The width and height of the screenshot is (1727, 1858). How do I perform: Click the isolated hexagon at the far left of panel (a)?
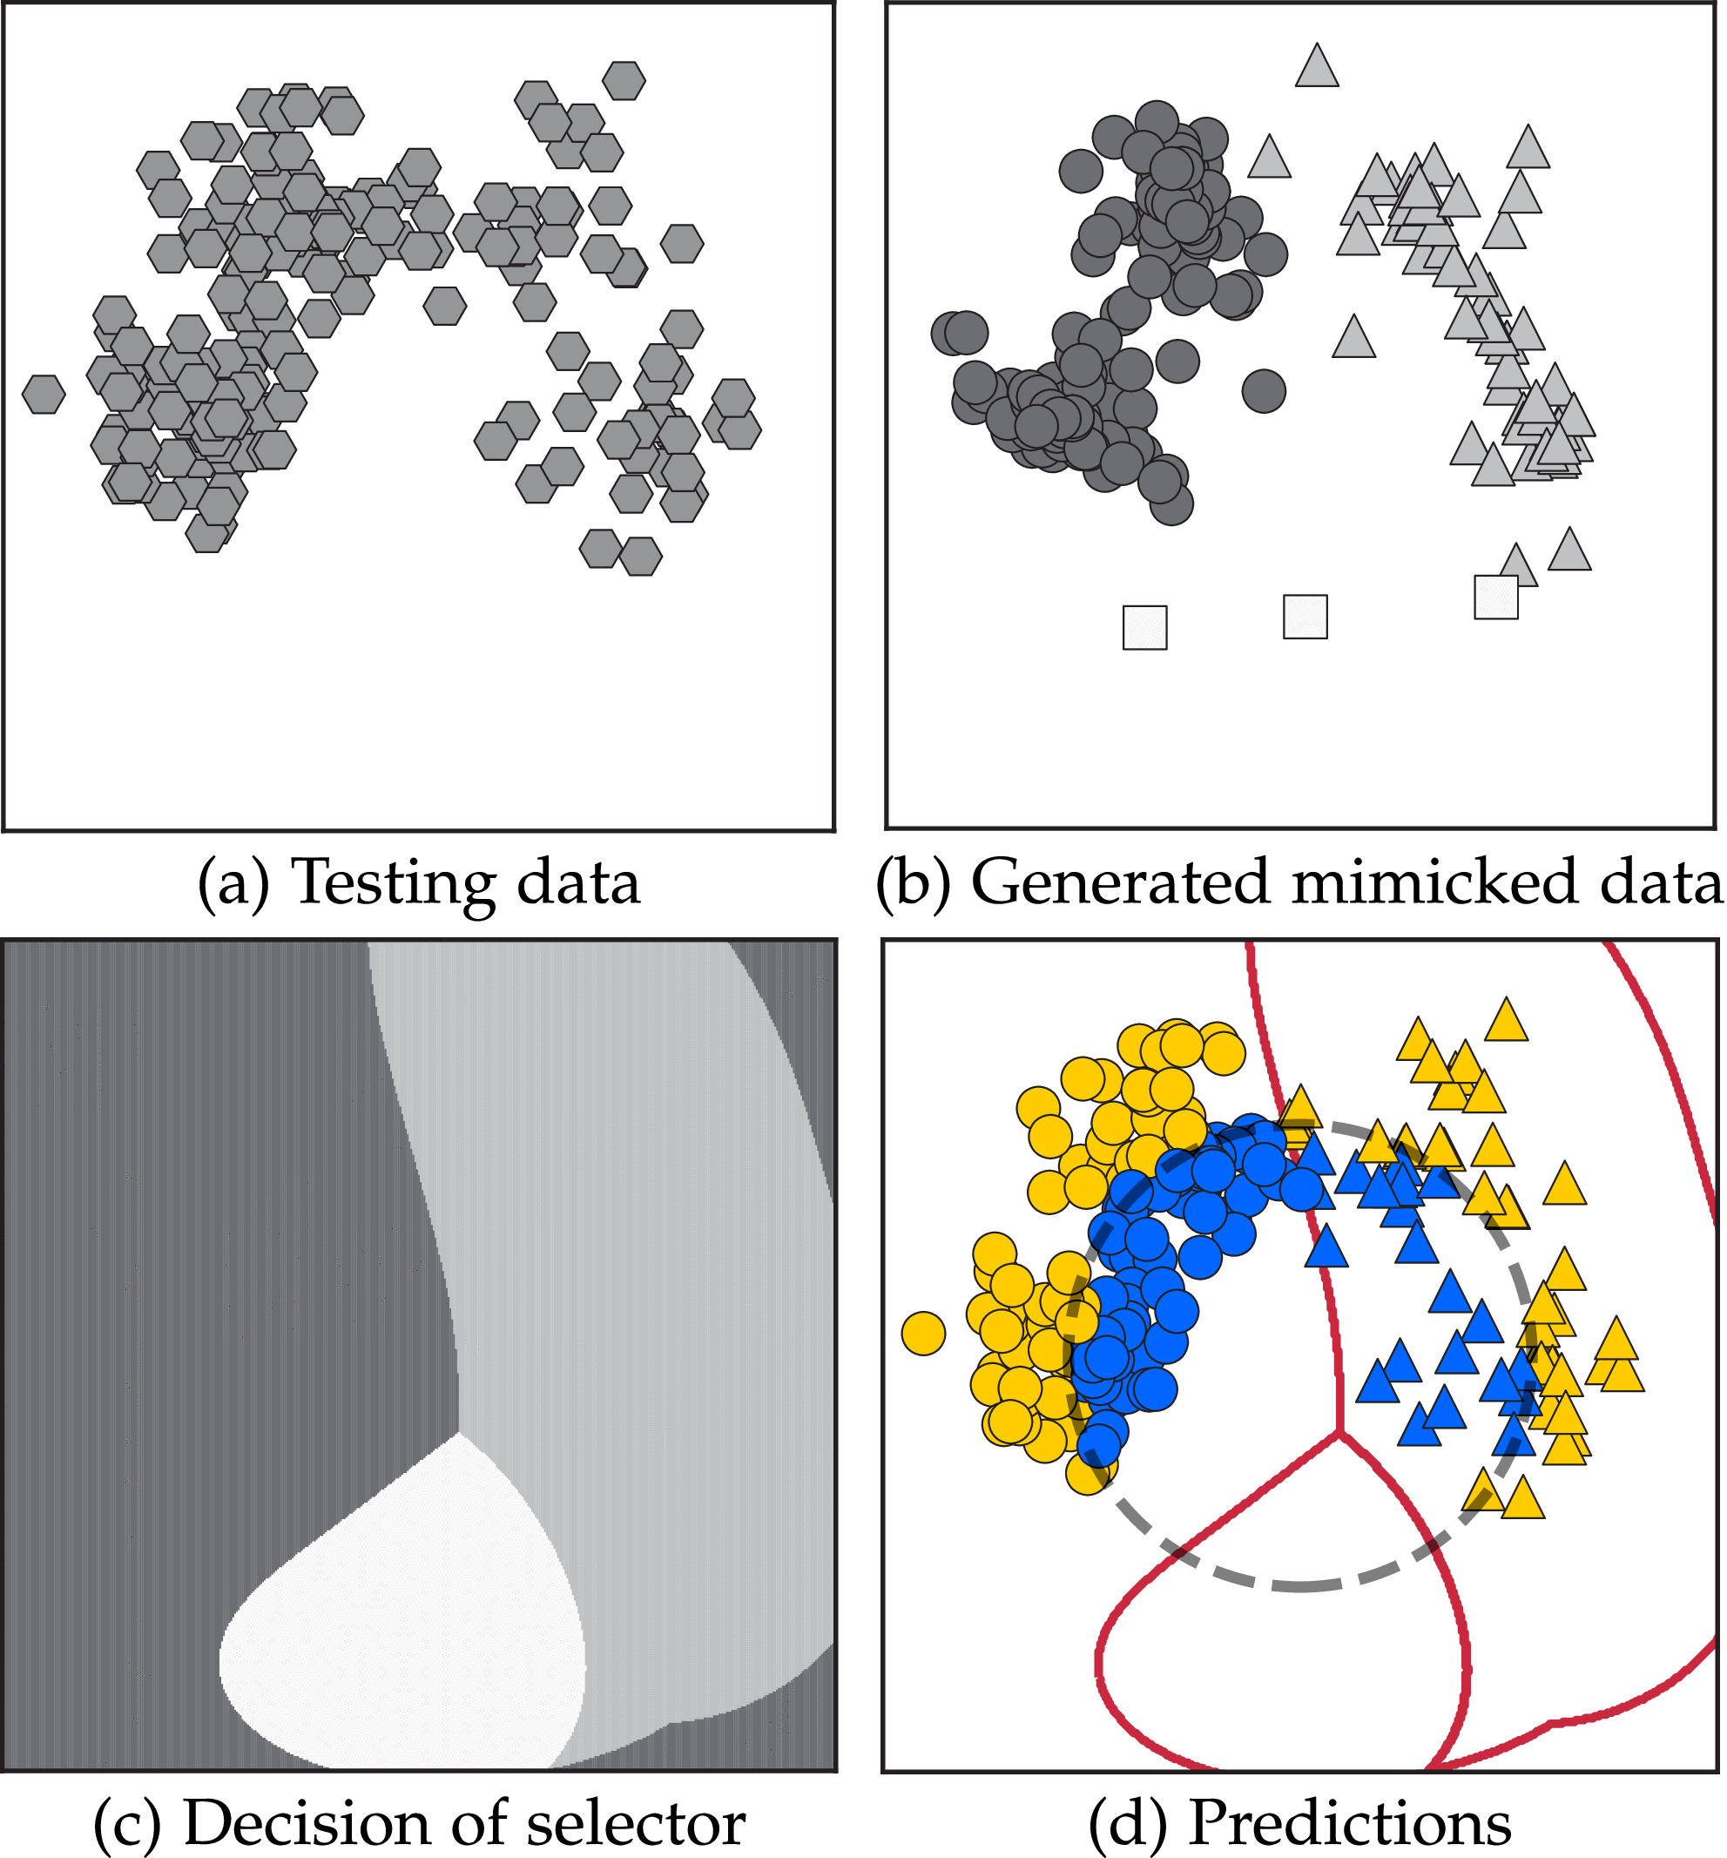pos(43,394)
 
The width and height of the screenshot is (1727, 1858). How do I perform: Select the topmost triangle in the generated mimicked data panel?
pos(1317,67)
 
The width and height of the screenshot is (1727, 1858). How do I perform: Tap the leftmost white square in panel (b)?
pos(1144,627)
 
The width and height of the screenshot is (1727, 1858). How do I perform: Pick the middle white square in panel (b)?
pos(1305,617)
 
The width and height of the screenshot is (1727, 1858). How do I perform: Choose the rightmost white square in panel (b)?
pos(1496,598)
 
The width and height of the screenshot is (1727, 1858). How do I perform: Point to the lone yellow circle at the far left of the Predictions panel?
pos(923,1333)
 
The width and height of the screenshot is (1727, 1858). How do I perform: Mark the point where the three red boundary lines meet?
pos(1339,1431)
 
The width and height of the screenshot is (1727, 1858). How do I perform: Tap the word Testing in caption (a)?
pos(394,882)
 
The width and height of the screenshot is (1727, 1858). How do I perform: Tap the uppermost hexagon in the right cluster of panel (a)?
pos(624,81)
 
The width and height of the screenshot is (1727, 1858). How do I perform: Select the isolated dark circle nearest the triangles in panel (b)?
pos(1264,390)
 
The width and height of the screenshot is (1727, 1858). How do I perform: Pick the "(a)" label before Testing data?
pos(233,882)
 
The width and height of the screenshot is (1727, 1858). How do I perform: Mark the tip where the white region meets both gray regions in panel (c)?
pos(458,1432)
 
